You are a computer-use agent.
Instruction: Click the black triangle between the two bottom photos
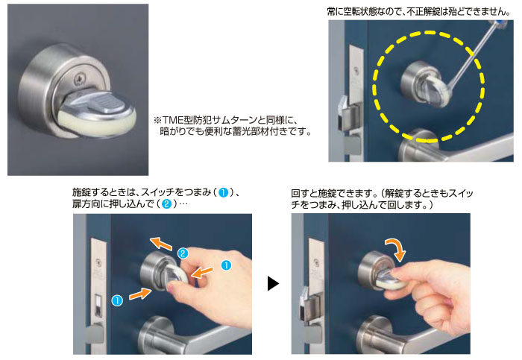click(272, 283)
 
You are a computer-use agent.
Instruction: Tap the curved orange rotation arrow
click(396, 248)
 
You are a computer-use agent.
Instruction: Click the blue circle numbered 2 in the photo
click(183, 253)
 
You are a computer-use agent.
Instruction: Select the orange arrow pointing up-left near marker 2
click(161, 244)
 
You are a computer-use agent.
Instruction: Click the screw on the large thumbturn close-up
click(79, 79)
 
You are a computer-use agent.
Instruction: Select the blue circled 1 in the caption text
click(224, 192)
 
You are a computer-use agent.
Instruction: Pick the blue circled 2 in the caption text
click(166, 203)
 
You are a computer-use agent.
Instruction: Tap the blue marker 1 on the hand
click(227, 265)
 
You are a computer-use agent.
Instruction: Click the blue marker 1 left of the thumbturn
click(117, 300)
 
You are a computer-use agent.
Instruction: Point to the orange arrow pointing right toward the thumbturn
click(141, 294)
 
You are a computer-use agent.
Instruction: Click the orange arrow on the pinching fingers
click(202, 272)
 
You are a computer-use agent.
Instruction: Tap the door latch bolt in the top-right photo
click(347, 113)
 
